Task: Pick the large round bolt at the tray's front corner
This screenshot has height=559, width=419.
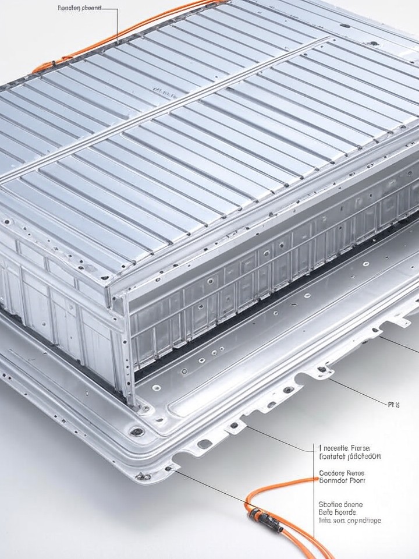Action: tap(138, 431)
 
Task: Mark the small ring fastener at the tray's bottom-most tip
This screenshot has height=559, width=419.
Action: tap(169, 468)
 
